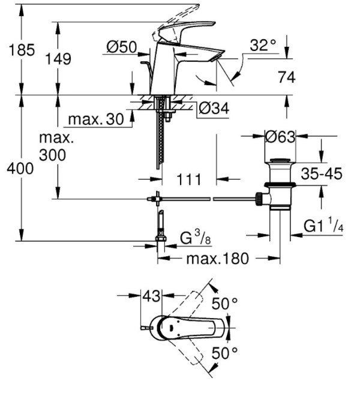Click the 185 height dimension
[21, 50]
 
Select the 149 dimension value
[58, 59]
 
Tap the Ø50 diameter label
[121, 46]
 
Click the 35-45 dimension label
[321, 174]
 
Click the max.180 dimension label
[217, 259]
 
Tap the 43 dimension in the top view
[152, 296]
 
